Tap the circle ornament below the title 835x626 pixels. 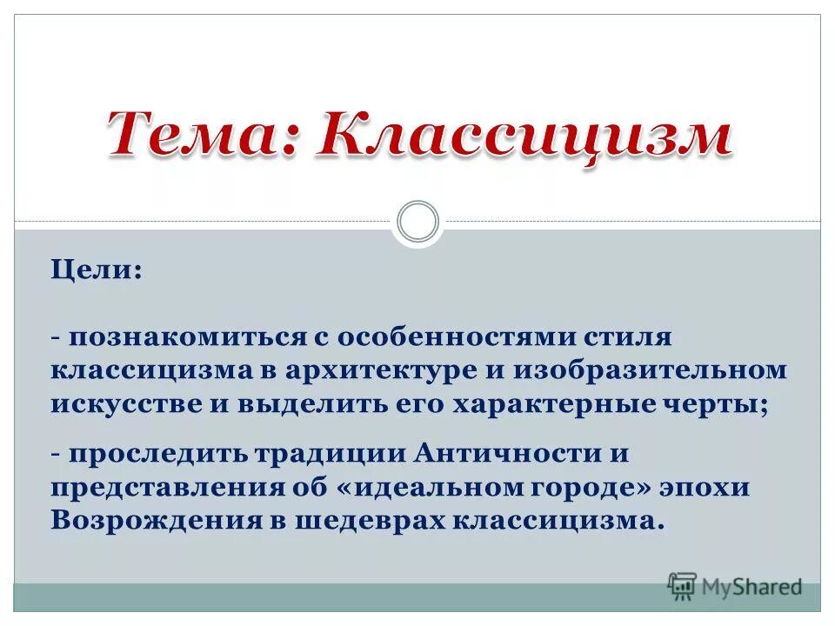pyautogui.click(x=417, y=222)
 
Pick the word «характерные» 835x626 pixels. pyautogui.click(x=571, y=404)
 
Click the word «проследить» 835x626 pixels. pyautogui.click(x=157, y=454)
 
